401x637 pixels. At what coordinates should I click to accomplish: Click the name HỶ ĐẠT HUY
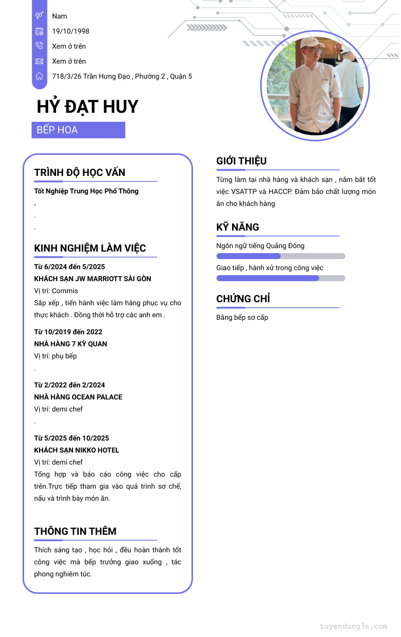click(87, 107)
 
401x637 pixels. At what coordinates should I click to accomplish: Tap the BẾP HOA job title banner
click(78, 130)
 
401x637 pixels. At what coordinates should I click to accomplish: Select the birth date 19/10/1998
click(71, 31)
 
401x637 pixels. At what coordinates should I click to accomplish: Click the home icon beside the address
click(39, 76)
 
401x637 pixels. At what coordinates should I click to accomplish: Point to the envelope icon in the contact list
click(39, 61)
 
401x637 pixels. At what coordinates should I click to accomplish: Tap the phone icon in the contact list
click(39, 46)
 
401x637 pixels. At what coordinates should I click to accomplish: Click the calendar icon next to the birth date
click(39, 31)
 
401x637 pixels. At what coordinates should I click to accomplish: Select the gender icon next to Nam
click(39, 16)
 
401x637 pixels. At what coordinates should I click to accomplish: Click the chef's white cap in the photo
click(311, 43)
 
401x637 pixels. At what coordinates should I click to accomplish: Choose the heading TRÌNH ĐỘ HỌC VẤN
click(80, 172)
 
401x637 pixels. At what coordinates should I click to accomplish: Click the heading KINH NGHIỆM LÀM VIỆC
click(90, 248)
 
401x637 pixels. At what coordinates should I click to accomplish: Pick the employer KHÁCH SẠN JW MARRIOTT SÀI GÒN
click(93, 279)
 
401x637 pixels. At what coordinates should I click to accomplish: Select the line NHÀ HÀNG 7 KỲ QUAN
click(71, 344)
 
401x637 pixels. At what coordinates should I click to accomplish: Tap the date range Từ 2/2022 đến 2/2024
click(70, 385)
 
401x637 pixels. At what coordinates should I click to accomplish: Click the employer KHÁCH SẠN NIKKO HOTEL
click(77, 450)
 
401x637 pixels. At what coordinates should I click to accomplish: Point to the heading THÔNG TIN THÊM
click(75, 531)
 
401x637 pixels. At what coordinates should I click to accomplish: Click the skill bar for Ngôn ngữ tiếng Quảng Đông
click(281, 256)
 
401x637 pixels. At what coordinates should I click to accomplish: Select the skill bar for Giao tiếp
click(281, 278)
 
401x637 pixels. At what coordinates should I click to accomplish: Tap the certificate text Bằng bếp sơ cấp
click(242, 317)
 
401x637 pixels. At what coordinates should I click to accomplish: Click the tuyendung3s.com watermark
click(353, 626)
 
